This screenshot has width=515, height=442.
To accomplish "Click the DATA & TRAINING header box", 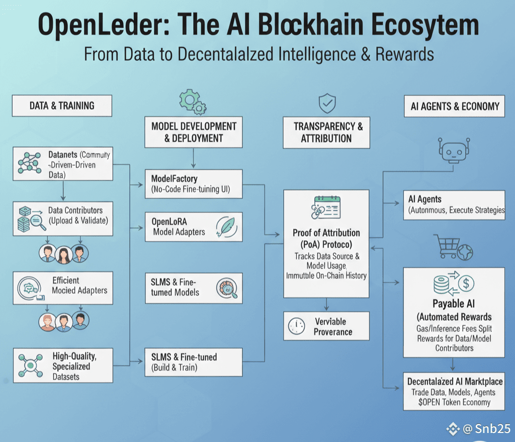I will coord(62,105).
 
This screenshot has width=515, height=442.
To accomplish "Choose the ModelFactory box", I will coord(194,184).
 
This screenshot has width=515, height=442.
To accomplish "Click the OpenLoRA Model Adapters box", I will coord(194,227).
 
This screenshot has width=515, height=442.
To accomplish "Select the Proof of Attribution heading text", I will coord(326,238).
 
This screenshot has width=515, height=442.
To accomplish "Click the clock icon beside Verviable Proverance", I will coord(297,326).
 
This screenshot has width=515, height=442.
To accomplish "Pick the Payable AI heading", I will coord(453,303).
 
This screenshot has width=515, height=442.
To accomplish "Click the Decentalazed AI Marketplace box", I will coord(454,391).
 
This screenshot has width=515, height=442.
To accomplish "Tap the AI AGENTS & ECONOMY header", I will coord(454,106).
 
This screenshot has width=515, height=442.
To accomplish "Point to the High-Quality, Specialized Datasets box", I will coord(63,366).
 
